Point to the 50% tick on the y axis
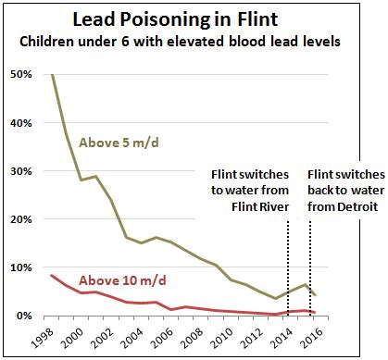(x=22, y=75)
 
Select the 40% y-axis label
(x=22, y=123)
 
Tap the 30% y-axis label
(x=22, y=171)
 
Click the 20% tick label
(x=22, y=219)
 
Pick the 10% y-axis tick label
(x=22, y=267)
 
